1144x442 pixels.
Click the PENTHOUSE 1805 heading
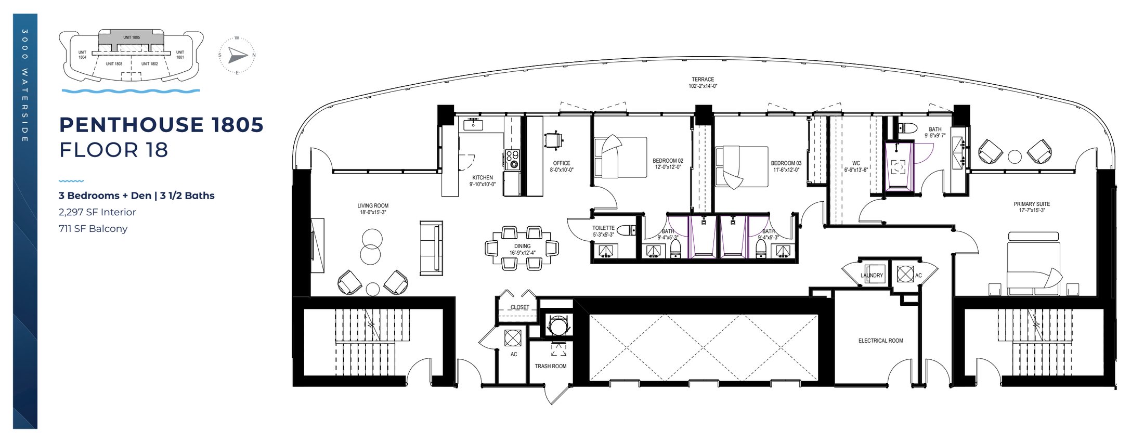[x=161, y=125]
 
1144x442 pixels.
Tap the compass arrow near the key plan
[x=238, y=55]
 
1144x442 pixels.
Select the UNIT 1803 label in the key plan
[x=114, y=64]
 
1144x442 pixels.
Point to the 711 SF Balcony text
[x=93, y=229]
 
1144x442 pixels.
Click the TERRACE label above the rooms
[x=703, y=80]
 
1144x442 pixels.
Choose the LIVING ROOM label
[x=373, y=206]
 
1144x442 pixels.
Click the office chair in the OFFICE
[x=553, y=140]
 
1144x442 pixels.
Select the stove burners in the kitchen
[x=512, y=159]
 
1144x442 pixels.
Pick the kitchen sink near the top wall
[x=473, y=125]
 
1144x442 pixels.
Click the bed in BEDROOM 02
[x=620, y=157]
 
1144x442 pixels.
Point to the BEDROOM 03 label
[x=786, y=163]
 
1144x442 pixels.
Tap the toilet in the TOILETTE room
[x=626, y=230]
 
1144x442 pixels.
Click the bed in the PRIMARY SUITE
[x=1033, y=265]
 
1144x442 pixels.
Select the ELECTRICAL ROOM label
[x=880, y=341]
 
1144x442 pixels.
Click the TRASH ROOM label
[x=550, y=366]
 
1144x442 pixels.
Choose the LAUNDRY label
[x=872, y=276]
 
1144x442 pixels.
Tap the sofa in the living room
[x=431, y=248]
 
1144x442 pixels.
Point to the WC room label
[x=856, y=163]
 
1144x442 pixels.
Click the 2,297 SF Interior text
[x=97, y=212]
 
